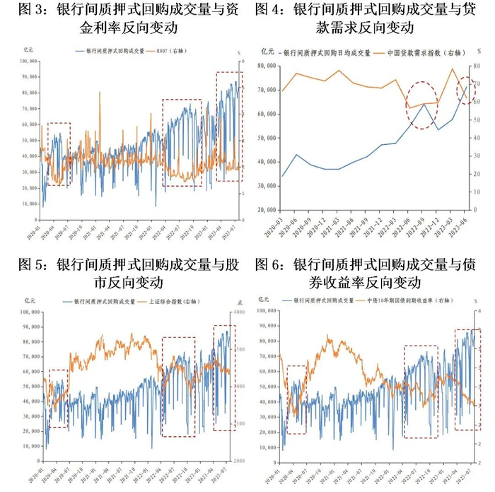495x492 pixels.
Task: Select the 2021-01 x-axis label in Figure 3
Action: (x=86, y=230)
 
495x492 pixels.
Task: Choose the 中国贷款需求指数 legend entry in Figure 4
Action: (x=422, y=53)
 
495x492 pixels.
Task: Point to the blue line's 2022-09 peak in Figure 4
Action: (x=424, y=105)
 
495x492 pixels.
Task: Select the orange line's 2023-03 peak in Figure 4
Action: (x=452, y=69)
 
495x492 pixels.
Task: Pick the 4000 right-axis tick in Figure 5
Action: (x=238, y=312)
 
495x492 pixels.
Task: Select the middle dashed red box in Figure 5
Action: (x=177, y=385)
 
